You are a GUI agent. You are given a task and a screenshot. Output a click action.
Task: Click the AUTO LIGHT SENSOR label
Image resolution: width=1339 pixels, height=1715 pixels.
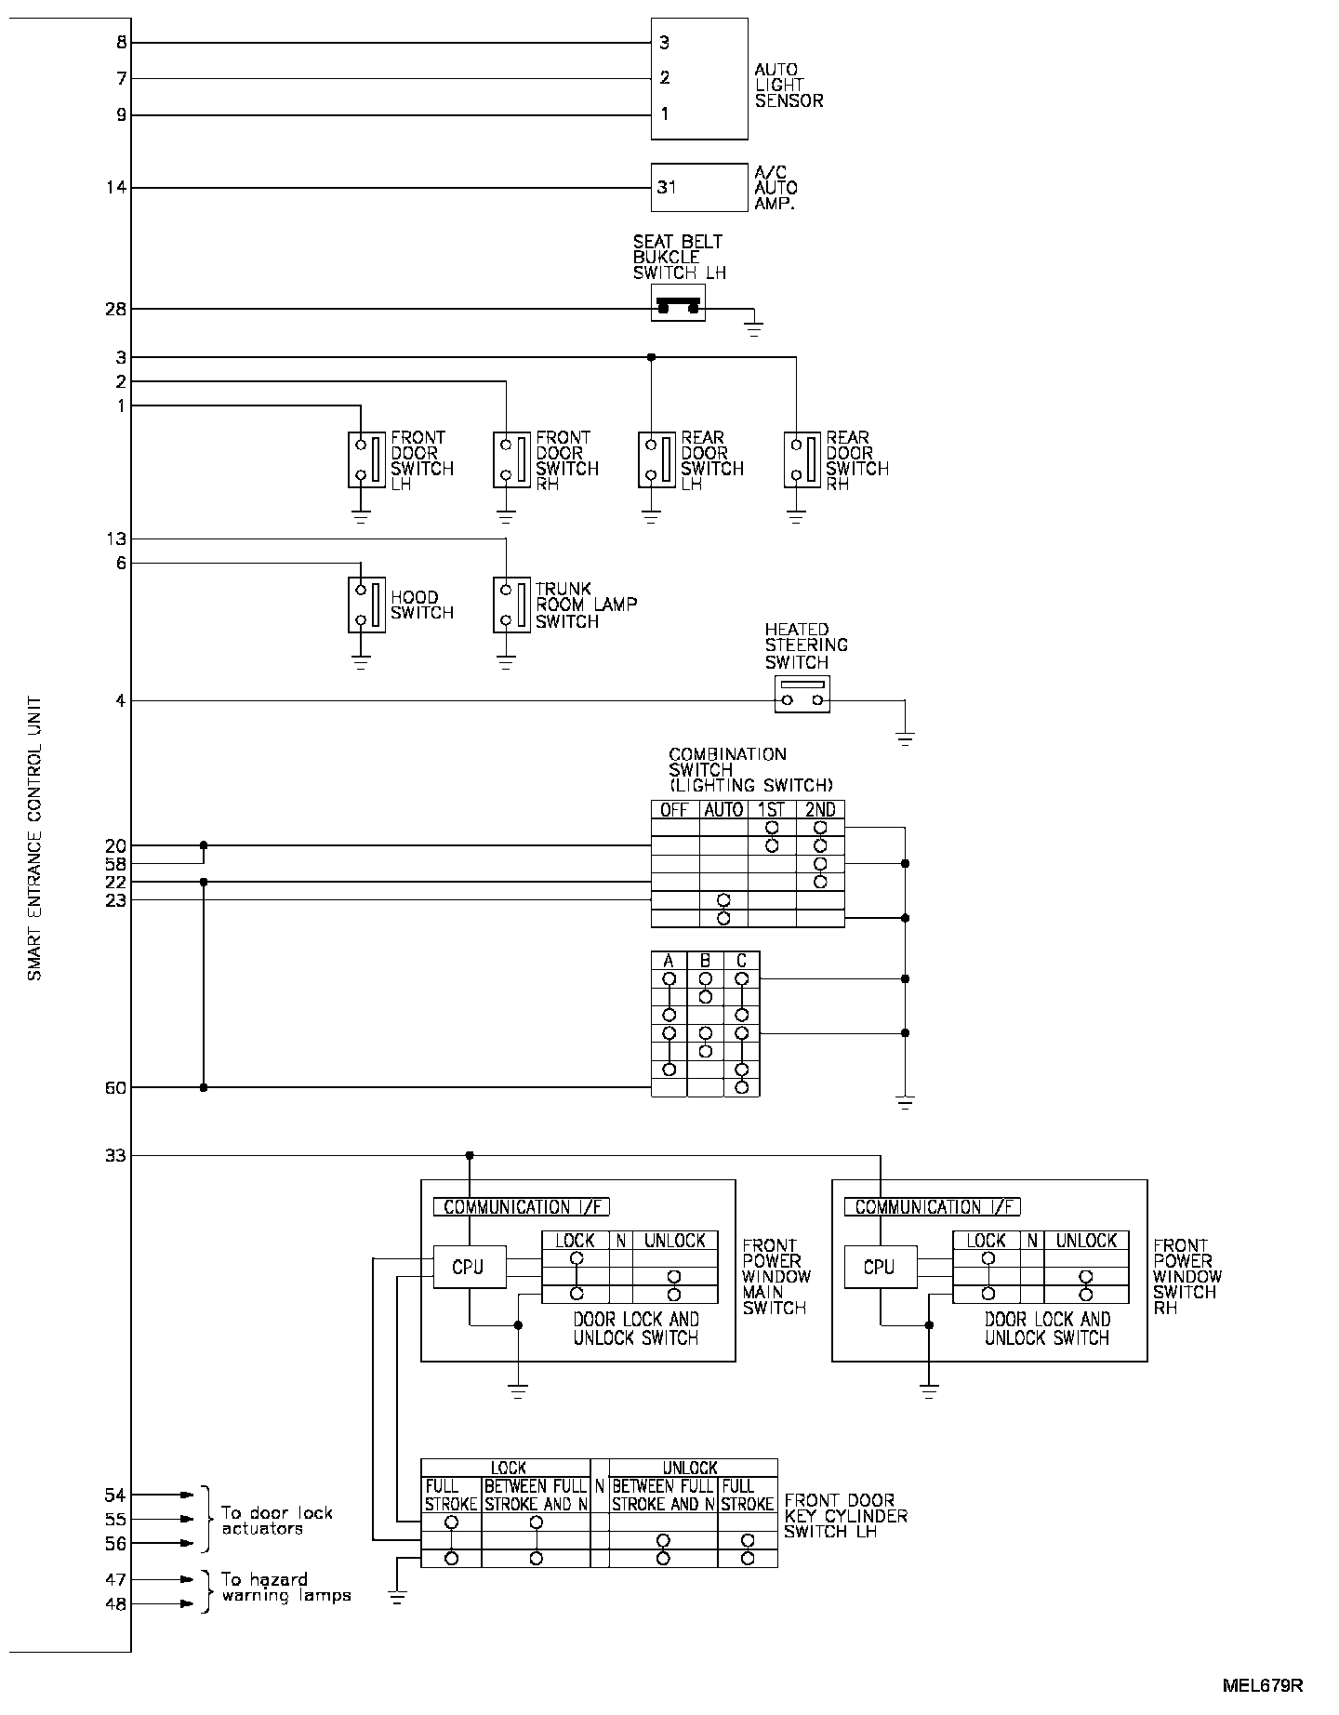[x=789, y=86]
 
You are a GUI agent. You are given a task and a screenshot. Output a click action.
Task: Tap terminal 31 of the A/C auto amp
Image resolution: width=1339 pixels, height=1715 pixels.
[x=667, y=188]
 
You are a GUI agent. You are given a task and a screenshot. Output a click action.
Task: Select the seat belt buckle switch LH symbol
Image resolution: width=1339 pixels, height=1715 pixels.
[x=678, y=304]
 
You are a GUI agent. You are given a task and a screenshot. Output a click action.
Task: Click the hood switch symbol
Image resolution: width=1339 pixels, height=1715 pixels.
[x=366, y=605]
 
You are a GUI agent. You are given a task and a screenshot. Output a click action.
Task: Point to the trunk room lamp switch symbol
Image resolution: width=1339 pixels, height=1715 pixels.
[x=511, y=605]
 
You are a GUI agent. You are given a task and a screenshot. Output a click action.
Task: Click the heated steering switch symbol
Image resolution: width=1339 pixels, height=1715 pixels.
[x=802, y=694]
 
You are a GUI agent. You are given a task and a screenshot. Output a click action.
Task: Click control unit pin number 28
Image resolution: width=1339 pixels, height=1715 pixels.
[x=115, y=309]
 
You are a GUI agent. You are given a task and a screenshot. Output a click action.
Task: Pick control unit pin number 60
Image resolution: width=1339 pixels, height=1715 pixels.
[x=115, y=1087]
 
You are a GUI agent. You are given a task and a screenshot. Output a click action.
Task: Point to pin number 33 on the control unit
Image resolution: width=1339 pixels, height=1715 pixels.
[x=115, y=1156]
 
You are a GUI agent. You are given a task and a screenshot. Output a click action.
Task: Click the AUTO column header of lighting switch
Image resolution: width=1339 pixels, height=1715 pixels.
[x=723, y=810]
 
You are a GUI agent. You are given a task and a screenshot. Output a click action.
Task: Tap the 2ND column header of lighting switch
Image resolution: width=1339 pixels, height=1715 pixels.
[x=820, y=810]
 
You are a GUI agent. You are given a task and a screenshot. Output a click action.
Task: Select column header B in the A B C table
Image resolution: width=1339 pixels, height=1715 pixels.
[x=705, y=961]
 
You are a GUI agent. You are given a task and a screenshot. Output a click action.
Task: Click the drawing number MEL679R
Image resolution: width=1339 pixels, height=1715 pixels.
[x=1263, y=1685]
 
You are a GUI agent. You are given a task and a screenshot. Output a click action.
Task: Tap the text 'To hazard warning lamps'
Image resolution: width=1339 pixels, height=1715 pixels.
[x=286, y=1588]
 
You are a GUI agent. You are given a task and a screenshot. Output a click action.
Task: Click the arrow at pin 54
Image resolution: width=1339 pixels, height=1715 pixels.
[x=186, y=1495]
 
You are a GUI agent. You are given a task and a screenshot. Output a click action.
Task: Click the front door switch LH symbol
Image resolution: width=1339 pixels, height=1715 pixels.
[x=366, y=459]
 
